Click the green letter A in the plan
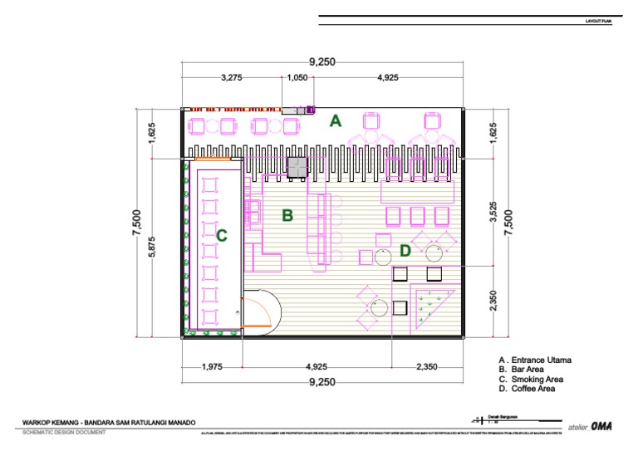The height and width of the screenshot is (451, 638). (336, 121)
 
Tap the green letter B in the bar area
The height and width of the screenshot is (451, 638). (287, 216)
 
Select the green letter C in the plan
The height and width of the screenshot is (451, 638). (222, 236)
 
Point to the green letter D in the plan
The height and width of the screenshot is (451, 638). (405, 251)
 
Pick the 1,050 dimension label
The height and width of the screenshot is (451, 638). (297, 78)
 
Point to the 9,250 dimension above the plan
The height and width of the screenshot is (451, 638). (321, 61)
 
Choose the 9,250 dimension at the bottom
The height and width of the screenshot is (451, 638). (321, 382)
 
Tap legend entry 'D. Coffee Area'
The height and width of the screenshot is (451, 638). (528, 389)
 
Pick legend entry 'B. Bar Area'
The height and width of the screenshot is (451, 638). (522, 370)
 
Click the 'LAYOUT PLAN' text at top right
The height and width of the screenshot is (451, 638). (598, 23)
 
